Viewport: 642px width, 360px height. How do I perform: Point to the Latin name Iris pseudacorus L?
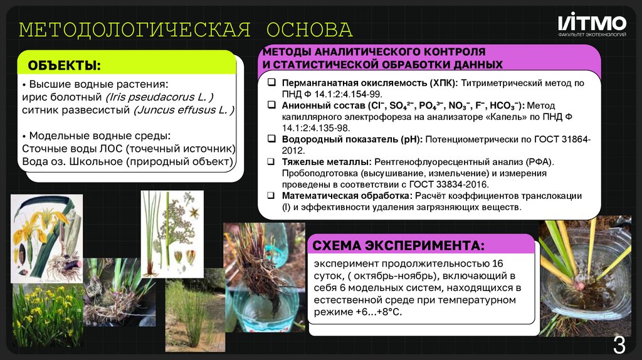click(160, 97)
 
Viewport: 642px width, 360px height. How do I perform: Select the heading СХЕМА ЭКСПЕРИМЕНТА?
click(399, 244)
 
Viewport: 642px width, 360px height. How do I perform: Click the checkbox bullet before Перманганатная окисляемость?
click(271, 83)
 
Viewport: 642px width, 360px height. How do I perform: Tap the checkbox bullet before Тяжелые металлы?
click(271, 162)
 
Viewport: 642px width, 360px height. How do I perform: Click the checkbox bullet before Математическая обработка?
click(271, 196)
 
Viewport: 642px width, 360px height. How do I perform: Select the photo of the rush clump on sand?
click(194, 315)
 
